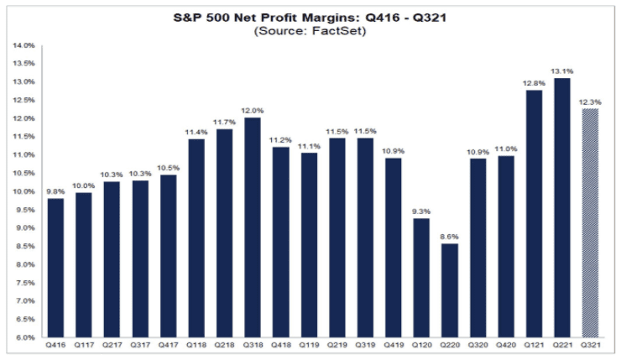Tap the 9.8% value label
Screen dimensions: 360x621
point(55,190)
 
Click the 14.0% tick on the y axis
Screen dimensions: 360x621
point(23,44)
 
